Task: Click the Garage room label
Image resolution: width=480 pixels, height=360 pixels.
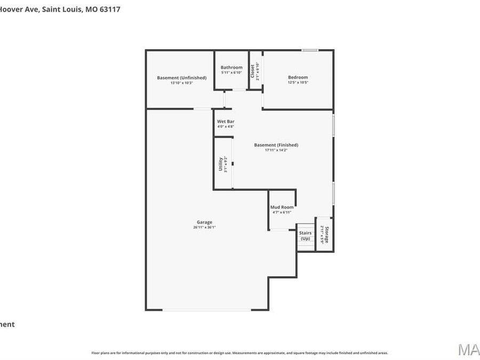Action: point(204,222)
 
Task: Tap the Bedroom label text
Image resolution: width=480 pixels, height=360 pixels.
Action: point(298,77)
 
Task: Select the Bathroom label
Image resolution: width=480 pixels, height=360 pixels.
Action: point(231,67)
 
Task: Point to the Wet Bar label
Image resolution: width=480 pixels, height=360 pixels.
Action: point(225,122)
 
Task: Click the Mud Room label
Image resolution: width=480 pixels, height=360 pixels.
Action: point(282,207)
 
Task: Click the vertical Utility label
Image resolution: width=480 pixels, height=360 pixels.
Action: point(221,164)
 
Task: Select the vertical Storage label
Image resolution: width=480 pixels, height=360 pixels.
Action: point(327,235)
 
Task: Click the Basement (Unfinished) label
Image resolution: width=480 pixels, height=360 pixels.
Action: point(181,78)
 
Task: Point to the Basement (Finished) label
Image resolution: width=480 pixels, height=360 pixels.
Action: point(276,145)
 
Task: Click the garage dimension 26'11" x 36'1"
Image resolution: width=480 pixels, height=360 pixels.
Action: point(204,227)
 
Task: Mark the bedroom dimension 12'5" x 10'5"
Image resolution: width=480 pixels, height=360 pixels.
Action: point(298,83)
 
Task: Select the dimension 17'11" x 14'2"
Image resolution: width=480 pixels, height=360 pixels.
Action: point(276,150)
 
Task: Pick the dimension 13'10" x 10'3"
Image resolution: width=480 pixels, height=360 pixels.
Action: point(181,83)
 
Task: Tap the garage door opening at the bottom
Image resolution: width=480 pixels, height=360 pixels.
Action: point(206,310)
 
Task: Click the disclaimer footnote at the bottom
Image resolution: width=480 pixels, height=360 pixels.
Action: point(239,353)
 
